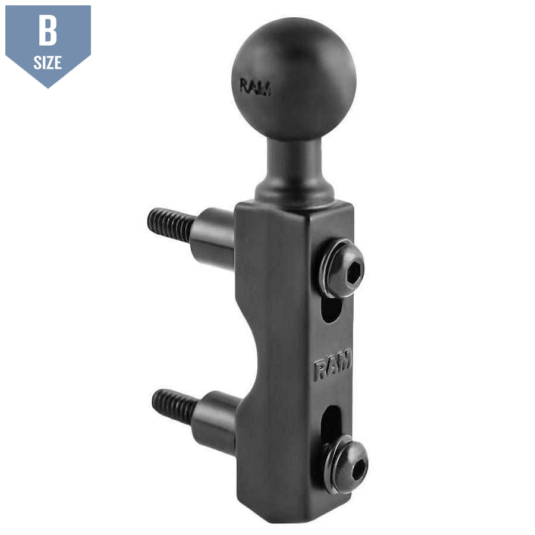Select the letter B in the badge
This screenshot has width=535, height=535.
48,31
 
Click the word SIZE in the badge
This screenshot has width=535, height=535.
48,62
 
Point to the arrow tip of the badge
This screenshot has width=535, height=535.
48,87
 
